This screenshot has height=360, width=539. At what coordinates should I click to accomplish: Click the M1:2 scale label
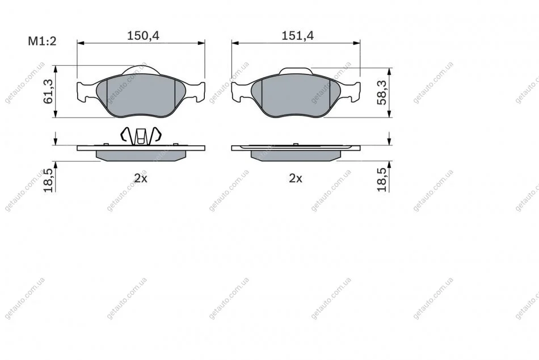click(x=42, y=41)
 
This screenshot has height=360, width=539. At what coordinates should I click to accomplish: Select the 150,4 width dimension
click(x=144, y=35)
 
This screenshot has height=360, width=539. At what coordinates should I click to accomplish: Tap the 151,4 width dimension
click(x=298, y=35)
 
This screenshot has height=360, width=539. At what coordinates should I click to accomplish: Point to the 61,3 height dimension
click(x=48, y=91)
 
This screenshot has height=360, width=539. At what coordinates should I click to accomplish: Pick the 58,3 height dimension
click(x=382, y=92)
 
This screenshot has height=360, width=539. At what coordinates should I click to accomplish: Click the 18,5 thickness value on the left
click(x=48, y=181)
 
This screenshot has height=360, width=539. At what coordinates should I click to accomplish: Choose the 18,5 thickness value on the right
click(x=382, y=179)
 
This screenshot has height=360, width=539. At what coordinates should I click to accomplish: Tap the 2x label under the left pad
click(x=141, y=178)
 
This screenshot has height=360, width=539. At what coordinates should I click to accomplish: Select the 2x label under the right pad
click(x=296, y=178)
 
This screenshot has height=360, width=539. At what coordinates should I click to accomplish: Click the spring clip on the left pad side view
click(x=140, y=135)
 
